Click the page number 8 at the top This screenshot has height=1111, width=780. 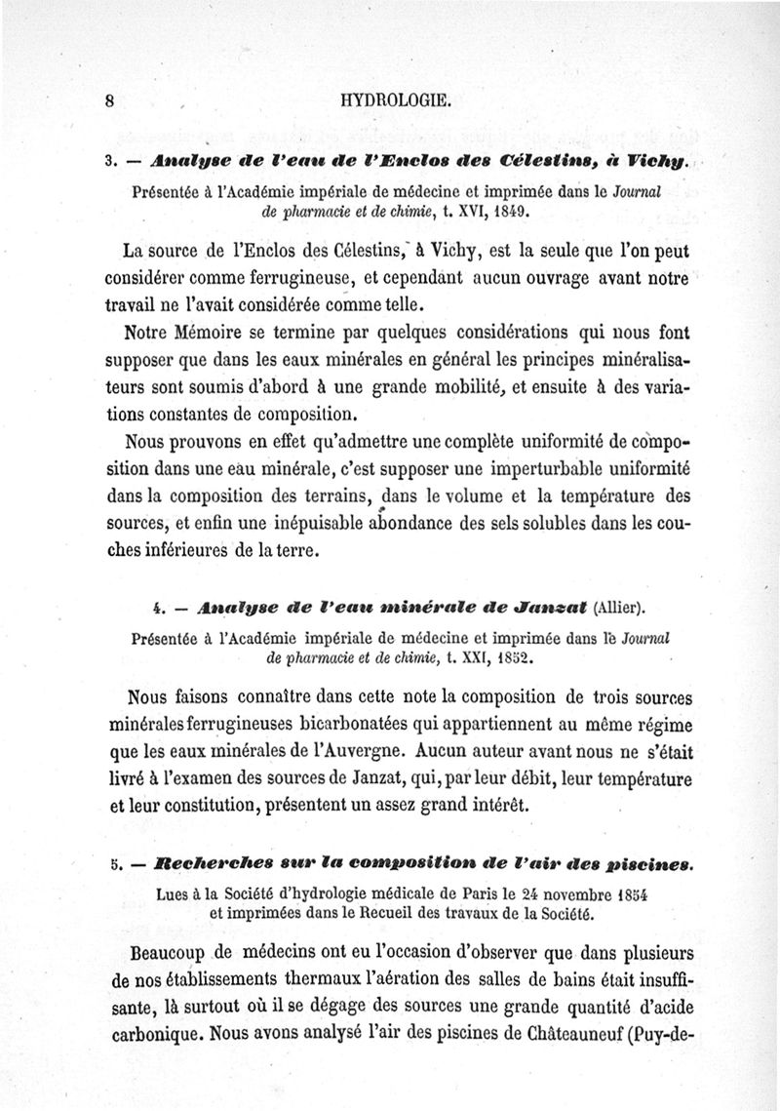click(x=110, y=99)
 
